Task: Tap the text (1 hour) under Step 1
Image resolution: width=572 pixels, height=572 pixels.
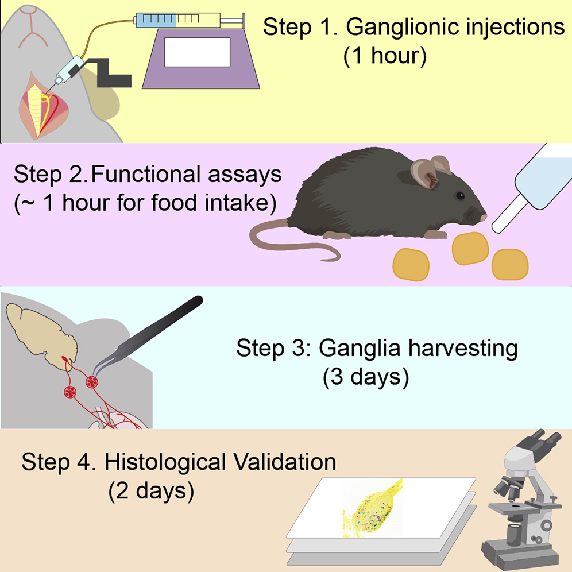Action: click(x=385, y=57)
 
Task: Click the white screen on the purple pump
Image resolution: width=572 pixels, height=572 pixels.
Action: click(x=196, y=52)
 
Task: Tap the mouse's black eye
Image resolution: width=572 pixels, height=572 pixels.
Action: click(x=460, y=196)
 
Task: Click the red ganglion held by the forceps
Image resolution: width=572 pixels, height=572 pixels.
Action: click(x=92, y=381)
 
